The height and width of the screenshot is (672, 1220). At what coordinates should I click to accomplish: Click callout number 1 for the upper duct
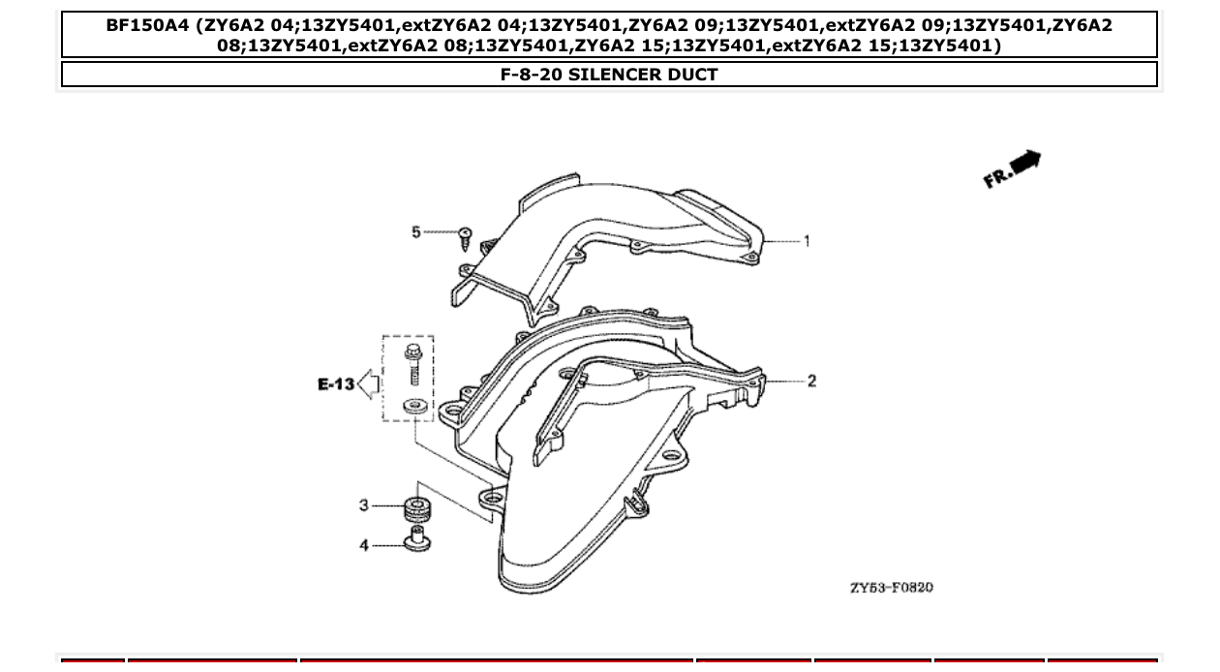[807, 241]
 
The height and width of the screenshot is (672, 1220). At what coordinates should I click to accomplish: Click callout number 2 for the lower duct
[811, 381]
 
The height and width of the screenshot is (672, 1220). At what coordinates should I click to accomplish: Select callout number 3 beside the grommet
[364, 504]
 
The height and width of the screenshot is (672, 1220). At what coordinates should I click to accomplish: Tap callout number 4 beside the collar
[364, 545]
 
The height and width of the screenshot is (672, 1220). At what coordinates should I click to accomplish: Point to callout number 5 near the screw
[416, 232]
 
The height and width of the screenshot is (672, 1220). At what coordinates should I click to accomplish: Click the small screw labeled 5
[466, 235]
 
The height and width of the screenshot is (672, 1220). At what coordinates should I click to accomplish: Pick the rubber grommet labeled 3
[416, 506]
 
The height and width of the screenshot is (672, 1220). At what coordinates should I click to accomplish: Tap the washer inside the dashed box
[414, 407]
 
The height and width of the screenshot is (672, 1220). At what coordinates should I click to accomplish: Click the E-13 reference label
[336, 384]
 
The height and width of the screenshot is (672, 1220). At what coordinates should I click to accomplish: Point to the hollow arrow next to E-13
[368, 384]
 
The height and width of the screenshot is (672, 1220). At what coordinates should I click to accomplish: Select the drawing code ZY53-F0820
[891, 588]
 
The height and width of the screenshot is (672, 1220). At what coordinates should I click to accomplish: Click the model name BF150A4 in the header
[147, 26]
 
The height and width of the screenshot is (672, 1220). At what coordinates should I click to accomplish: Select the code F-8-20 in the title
[531, 74]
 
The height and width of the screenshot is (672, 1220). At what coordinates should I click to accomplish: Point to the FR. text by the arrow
[997, 177]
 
